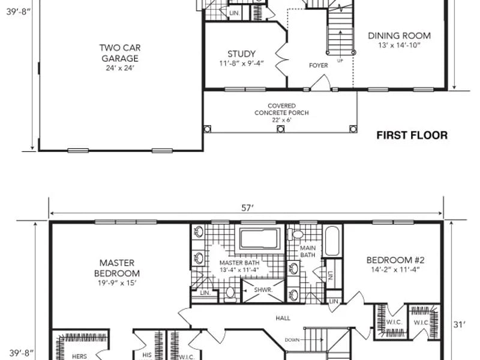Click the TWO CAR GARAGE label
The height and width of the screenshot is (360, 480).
(120, 53)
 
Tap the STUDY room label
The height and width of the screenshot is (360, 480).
(242, 54)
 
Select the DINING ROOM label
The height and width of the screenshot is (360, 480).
(399, 36)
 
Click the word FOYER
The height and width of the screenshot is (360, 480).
(319, 65)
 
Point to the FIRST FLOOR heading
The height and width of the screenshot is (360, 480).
(412, 136)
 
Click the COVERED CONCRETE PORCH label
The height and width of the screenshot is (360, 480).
(281, 109)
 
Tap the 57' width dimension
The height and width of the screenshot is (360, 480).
(248, 208)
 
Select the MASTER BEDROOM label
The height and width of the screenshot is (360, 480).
(117, 268)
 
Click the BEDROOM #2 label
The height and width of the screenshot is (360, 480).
(395, 260)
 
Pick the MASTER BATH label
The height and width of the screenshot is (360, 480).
(239, 263)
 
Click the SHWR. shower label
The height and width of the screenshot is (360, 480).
(263, 290)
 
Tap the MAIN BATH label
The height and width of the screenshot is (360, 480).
(308, 251)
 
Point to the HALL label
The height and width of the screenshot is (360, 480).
(283, 318)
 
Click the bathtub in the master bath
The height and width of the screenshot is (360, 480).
(260, 239)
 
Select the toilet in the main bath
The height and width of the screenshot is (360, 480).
(295, 235)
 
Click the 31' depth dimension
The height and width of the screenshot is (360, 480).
(459, 325)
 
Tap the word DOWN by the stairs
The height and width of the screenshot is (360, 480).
(292, 340)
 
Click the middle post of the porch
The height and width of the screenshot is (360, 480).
(280, 129)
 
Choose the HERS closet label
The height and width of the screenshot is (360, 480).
(79, 356)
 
